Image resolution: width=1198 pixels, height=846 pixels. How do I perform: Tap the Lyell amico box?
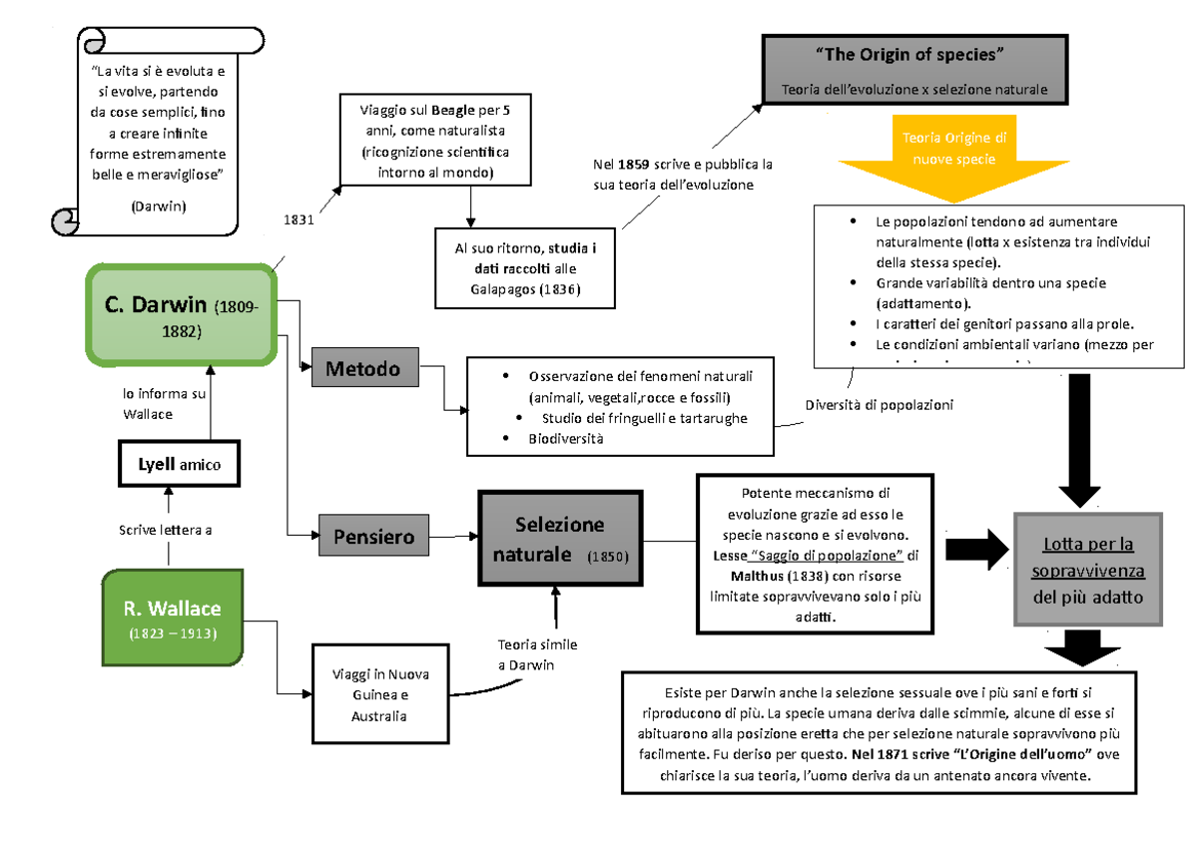pos(180,464)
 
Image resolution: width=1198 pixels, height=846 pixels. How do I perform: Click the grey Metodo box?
pos(363,369)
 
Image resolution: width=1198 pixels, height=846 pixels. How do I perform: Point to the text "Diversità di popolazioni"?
pos(879,405)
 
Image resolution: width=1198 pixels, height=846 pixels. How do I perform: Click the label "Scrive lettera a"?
pos(165,530)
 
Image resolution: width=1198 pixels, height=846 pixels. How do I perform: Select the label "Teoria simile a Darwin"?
pos(537,654)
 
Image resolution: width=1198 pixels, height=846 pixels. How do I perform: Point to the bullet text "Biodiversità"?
pos(566,439)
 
